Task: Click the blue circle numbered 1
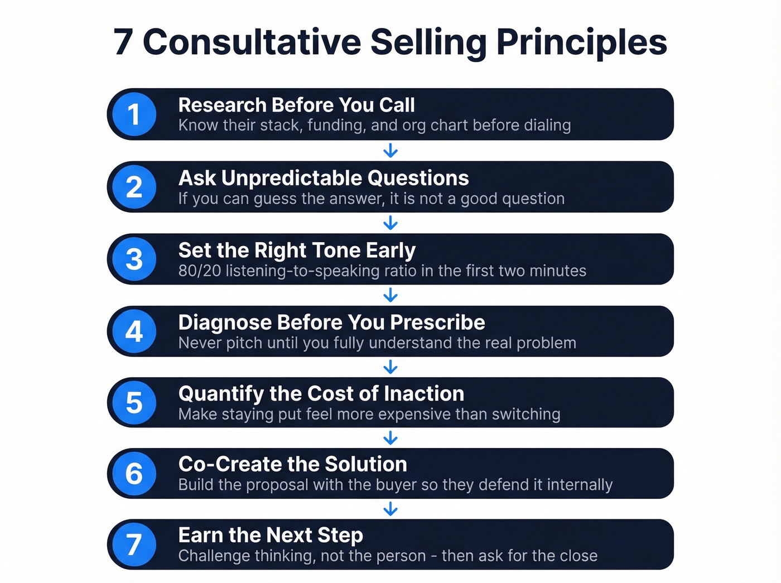point(134,114)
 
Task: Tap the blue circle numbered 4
point(134,331)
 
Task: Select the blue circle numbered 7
point(134,545)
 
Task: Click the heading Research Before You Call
point(296,105)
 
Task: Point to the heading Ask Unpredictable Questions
point(324,178)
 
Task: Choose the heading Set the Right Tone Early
point(297,250)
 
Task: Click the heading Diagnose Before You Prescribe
point(331,322)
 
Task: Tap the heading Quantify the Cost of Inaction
point(321,394)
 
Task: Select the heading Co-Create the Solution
point(292,464)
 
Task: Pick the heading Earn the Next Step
point(271,536)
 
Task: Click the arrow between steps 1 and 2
point(390,151)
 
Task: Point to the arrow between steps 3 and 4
point(390,295)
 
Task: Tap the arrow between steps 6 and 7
point(390,509)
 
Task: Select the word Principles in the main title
point(581,42)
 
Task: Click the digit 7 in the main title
point(123,42)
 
